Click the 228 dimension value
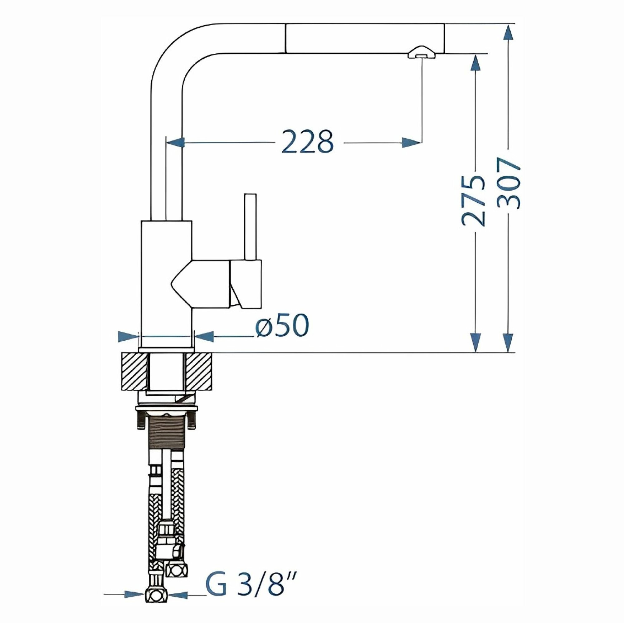(306, 141)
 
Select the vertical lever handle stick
(250, 227)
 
